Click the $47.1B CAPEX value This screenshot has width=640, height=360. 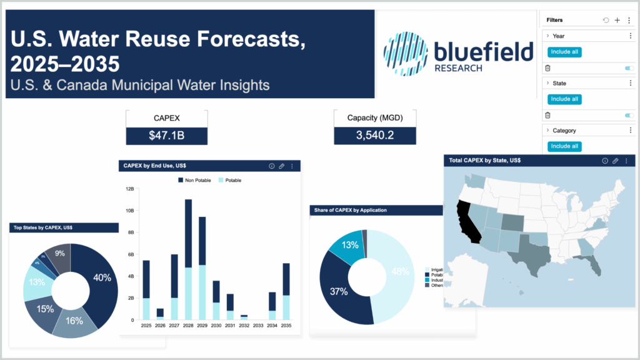point(166,136)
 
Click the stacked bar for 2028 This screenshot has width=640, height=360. point(188,259)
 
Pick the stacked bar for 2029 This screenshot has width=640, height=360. point(202,269)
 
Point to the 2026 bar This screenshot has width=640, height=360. point(160,313)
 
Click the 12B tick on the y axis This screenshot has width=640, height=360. point(130,189)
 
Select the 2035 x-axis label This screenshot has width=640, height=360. point(286,326)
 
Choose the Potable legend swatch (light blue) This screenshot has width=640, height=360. point(220,180)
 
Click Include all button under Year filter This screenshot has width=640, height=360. point(564,52)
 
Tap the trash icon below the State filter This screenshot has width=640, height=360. point(547,115)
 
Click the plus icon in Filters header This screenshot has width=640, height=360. point(617,21)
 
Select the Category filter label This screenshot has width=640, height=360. point(564,131)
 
